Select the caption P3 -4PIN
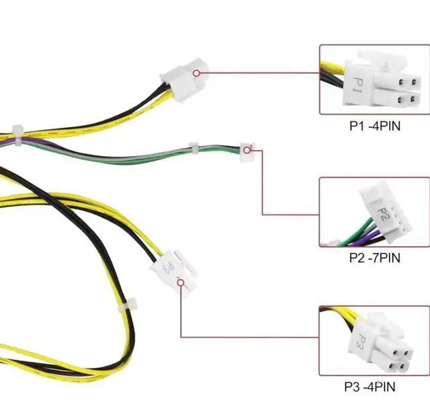tap(371, 387)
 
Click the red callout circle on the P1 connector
tap(196, 73)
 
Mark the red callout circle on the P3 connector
tap(181, 282)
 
